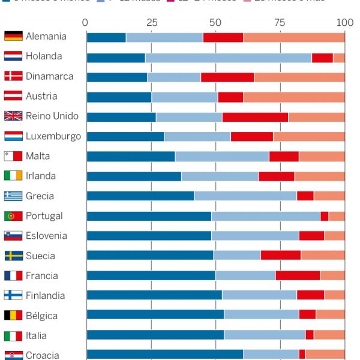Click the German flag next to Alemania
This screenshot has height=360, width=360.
coord(13,37)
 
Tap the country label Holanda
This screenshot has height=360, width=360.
coord(44,56)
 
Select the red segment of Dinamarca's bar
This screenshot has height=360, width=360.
coord(227,77)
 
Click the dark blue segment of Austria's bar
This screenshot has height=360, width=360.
coord(119,97)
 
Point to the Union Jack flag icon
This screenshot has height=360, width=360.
coord(13,116)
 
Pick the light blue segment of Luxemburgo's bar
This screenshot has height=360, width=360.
coord(197,136)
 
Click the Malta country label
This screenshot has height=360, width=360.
coord(38,156)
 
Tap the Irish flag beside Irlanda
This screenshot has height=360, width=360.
coord(13,176)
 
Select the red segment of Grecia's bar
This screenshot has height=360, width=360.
coord(305,196)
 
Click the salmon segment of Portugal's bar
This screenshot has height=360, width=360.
coord(337,216)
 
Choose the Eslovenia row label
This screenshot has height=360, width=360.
coord(46,236)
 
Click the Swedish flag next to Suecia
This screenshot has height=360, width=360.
coord(13,256)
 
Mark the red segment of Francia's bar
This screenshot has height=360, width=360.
coord(298,275)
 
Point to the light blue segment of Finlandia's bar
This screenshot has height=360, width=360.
coord(259,295)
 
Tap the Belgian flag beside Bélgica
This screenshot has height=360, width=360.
coord(13,315)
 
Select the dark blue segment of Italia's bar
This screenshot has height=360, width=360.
coord(155,335)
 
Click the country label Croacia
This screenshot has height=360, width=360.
coord(42,355)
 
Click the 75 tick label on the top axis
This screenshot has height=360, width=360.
coord(280,23)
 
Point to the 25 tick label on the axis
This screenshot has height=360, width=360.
coord(151,23)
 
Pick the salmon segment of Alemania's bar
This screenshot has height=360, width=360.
coord(294,37)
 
